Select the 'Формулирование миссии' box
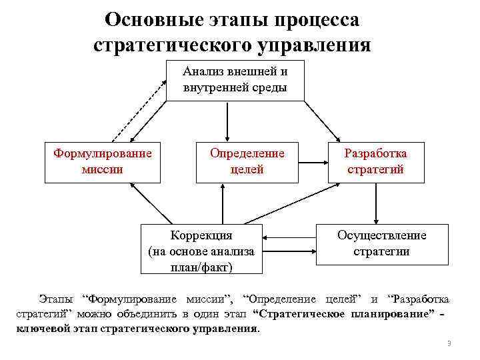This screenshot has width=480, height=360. point(102,161)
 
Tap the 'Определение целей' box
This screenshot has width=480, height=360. point(247,161)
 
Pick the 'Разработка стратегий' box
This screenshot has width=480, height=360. point(375,161)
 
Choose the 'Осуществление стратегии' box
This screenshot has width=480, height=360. point(381,243)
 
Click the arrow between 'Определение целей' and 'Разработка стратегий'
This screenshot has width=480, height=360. point(313,162)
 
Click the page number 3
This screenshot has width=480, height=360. point(449,343)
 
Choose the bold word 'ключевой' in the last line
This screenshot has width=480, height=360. point(40,329)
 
